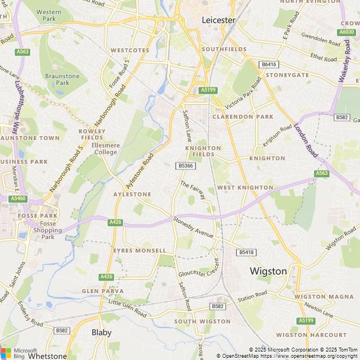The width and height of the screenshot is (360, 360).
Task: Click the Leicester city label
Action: [219, 20]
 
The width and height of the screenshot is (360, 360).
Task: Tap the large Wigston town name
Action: [268, 271]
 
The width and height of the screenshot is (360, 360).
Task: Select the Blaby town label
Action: [102, 332]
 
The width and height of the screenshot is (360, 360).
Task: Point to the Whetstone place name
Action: [47, 355]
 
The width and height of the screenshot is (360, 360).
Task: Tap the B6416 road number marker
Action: [269, 65]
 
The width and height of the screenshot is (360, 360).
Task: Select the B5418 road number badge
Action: [246, 253]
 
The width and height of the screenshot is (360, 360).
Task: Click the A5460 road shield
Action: [18, 199]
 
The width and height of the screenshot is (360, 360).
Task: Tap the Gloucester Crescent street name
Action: [198, 269]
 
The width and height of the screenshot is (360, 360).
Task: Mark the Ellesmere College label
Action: [105, 148]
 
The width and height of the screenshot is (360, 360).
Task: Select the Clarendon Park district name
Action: [242, 117]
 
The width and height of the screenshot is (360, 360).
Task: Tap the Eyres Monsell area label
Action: [139, 250]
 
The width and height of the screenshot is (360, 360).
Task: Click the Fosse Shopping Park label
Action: [48, 230]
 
